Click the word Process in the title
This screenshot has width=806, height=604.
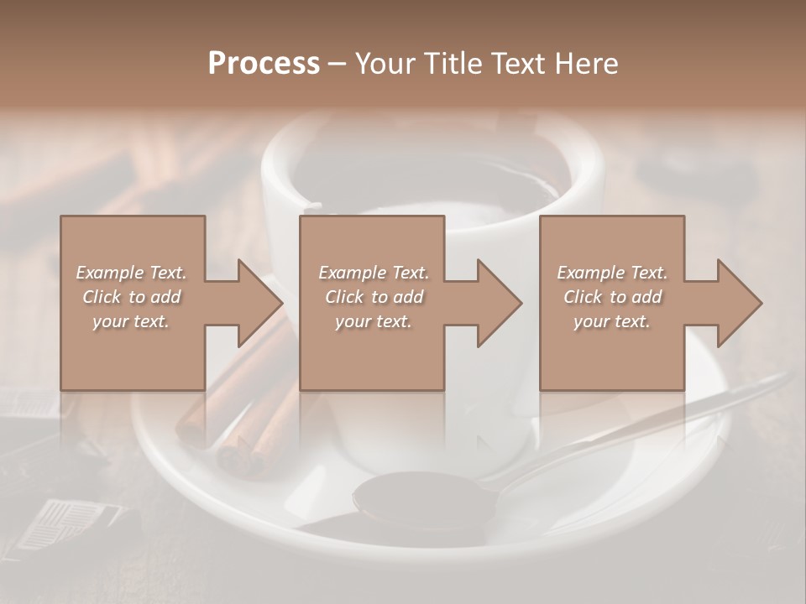pyautogui.click(x=264, y=64)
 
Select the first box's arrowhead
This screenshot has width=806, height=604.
pyautogui.click(x=259, y=303)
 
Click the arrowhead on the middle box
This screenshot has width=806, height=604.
pyautogui.click(x=499, y=303)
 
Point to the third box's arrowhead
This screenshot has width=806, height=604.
pyautogui.click(x=739, y=303)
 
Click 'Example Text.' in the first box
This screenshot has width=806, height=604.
pyautogui.click(x=132, y=273)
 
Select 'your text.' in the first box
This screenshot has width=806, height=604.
pyautogui.click(x=132, y=321)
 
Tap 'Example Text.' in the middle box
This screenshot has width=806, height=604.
pyautogui.click(x=374, y=273)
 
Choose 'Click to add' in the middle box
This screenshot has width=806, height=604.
pyautogui.click(x=374, y=297)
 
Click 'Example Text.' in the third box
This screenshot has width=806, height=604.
pyautogui.click(x=612, y=273)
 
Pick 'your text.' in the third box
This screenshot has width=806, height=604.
pyautogui.click(x=612, y=321)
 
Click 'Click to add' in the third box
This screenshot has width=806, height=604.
pyautogui.click(x=612, y=297)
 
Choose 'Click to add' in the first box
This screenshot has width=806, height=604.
pyautogui.click(x=132, y=297)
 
